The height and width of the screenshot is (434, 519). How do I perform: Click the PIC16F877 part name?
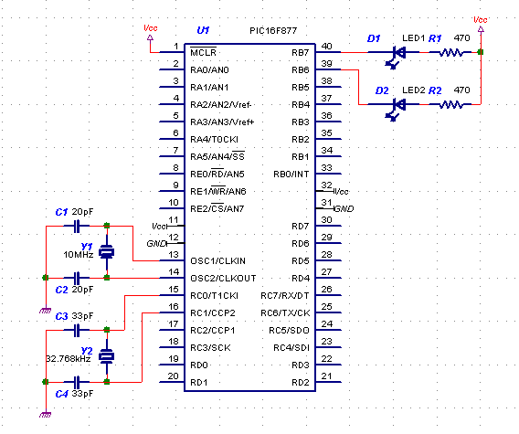pyautogui.click(x=273, y=31)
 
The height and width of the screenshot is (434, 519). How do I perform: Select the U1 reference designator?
pyautogui.click(x=203, y=30)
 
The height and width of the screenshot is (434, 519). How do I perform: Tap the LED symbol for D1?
pyautogui.click(x=396, y=57)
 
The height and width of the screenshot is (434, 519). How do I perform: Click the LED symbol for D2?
pyautogui.click(x=396, y=109)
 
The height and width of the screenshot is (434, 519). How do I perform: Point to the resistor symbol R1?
pyautogui.click(x=450, y=52)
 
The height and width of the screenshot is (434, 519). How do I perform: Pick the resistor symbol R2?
pyautogui.click(x=450, y=104)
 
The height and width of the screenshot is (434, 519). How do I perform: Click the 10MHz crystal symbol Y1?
pyautogui.click(x=107, y=252)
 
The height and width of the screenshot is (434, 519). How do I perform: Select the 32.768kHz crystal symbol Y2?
pyautogui.click(x=107, y=356)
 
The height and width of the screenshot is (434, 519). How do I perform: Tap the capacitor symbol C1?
pyautogui.click(x=77, y=227)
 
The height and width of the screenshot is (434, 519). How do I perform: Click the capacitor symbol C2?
pyautogui.click(x=77, y=279)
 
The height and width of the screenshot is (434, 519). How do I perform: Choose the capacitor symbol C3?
pyautogui.click(x=77, y=331)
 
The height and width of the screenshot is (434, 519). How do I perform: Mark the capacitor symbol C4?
pyautogui.click(x=77, y=382)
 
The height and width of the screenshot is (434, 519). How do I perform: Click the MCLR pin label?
pyautogui.click(x=203, y=52)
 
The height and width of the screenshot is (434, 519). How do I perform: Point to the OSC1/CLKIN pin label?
pyautogui.click(x=217, y=261)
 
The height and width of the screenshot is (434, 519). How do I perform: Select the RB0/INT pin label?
pyautogui.click(x=291, y=175)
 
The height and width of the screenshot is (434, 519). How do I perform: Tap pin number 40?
pyautogui.click(x=327, y=46)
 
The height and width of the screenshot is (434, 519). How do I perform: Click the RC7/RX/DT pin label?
pyautogui.click(x=285, y=296)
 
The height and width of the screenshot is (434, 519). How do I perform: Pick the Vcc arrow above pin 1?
pyautogui.click(x=150, y=37)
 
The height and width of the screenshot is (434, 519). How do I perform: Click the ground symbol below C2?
pyautogui.click(x=46, y=311)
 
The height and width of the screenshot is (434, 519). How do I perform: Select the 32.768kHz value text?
pyautogui.click(x=69, y=359)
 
